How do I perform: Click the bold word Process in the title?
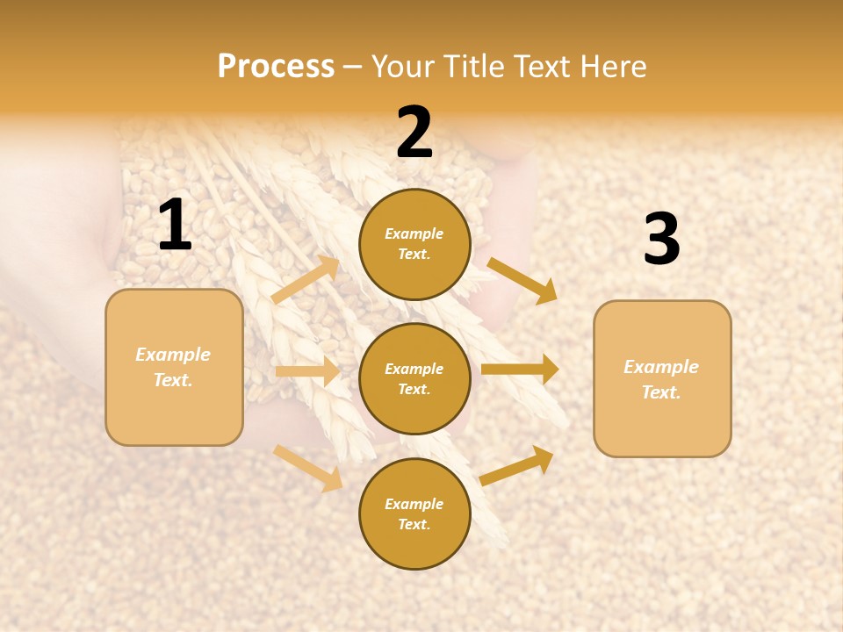tap(276, 67)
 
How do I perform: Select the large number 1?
tap(175, 226)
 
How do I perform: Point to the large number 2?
tap(414, 133)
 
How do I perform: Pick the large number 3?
tap(661, 241)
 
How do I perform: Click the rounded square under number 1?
tap(174, 367)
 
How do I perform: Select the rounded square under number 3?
tap(662, 378)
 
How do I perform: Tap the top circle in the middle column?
tap(414, 244)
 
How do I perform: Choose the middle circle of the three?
tap(414, 378)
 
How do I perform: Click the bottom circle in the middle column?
tap(414, 513)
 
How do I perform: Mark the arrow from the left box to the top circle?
tap(306, 280)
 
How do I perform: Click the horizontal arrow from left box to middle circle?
tap(307, 371)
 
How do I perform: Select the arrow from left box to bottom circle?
tap(308, 468)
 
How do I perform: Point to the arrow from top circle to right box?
tap(522, 280)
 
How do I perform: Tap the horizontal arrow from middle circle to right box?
tap(520, 370)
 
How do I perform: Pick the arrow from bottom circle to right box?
tap(517, 465)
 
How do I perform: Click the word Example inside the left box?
tap(173, 355)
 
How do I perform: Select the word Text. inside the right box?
tap(661, 392)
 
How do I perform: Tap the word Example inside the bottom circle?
tap(414, 504)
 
